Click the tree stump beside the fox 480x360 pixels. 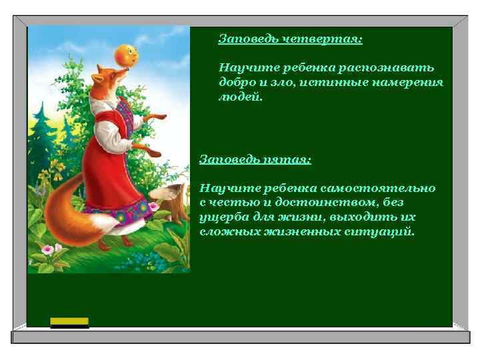[175, 203]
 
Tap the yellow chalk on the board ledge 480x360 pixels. [70, 322]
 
